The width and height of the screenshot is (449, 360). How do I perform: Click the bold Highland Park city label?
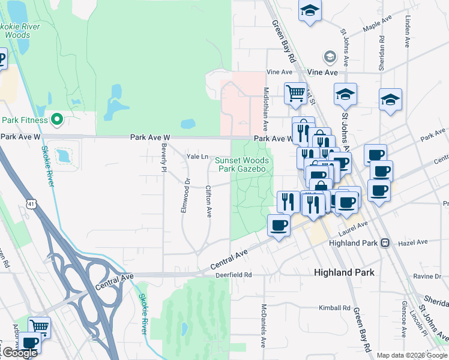(344, 272)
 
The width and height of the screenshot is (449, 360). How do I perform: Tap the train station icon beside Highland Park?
(385, 243)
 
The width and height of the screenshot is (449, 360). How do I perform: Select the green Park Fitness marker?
(58, 120)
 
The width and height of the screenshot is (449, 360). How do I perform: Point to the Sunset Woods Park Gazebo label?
(244, 164)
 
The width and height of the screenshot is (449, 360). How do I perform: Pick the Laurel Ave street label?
(352, 227)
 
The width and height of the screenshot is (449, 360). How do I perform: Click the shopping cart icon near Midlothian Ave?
(295, 93)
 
